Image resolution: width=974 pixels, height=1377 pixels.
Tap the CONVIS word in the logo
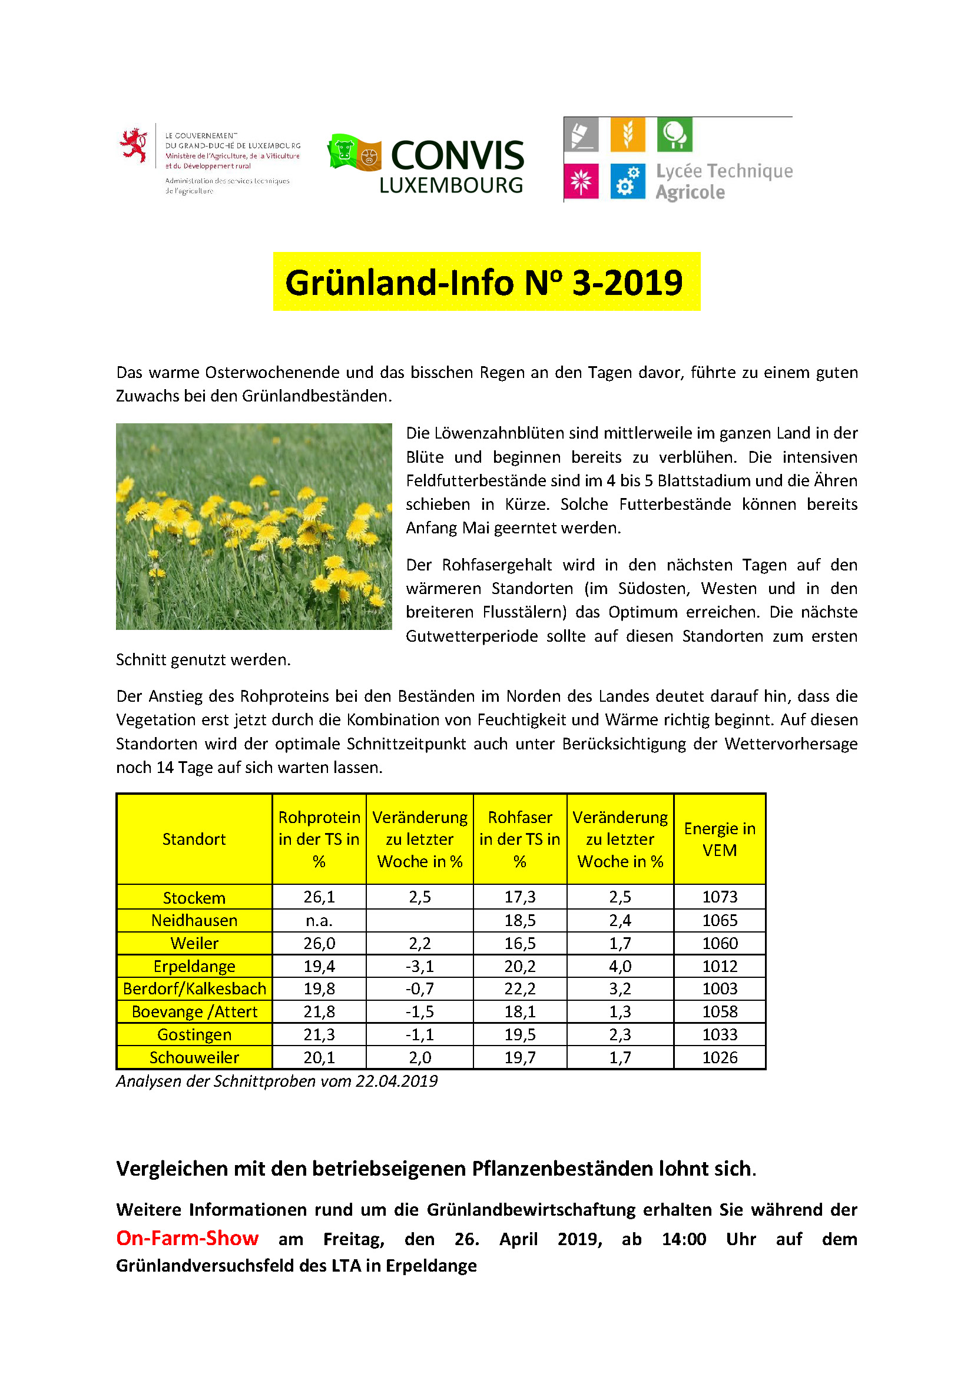tap(458, 156)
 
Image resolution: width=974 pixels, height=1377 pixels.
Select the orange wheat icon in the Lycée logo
tap(627, 134)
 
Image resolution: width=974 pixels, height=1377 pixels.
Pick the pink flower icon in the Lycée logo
tap(581, 181)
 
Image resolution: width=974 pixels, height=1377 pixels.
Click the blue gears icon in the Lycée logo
tap(627, 181)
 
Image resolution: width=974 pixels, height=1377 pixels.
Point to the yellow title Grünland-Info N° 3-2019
tap(486, 282)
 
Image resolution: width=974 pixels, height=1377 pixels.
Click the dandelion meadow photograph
tap(254, 526)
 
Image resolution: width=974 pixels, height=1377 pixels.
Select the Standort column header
tap(194, 839)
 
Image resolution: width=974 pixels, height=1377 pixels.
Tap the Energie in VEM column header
tap(719, 839)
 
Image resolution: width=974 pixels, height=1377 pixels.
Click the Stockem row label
tap(194, 898)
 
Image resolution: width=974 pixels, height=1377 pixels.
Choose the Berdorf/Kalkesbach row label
tap(194, 988)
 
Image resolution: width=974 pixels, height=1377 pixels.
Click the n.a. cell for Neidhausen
tap(319, 920)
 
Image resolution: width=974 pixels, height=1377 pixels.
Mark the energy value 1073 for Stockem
tap(720, 897)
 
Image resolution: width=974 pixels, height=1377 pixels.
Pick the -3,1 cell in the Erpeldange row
tap(420, 966)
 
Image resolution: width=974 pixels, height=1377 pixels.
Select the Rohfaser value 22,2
tap(519, 988)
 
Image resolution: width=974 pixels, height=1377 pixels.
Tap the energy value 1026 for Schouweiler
tap(720, 1057)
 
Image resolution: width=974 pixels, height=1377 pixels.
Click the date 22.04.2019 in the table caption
tap(396, 1081)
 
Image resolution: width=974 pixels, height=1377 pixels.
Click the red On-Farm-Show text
tap(187, 1239)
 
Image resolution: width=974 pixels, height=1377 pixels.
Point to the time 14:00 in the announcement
tap(684, 1239)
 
